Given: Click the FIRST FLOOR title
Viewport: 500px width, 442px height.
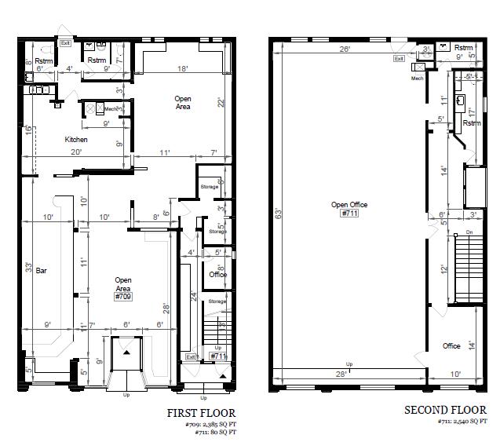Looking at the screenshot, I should point(200,412).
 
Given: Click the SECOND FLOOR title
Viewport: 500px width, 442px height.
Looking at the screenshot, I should point(445,410).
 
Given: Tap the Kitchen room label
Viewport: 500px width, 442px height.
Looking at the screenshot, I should point(76,140).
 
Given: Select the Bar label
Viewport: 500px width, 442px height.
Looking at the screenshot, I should point(42,270).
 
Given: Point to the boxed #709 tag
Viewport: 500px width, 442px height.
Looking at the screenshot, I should point(122,298).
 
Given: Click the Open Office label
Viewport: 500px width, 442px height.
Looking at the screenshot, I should point(349,205).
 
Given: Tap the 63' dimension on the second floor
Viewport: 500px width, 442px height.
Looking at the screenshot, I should point(277,213).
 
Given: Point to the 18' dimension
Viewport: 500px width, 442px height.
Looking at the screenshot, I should point(181,69).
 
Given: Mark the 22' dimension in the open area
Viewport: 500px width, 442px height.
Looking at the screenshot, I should point(221,103).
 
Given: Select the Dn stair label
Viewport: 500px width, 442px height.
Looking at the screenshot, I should point(469,232).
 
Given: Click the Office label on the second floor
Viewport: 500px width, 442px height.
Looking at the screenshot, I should point(451,346).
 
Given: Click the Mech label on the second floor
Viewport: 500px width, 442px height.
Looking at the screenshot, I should point(417,78).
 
